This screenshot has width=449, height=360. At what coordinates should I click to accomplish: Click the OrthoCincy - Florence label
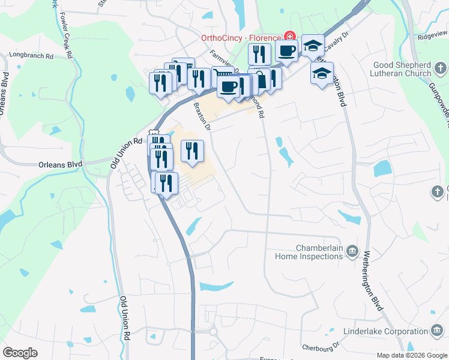click(x=241, y=38)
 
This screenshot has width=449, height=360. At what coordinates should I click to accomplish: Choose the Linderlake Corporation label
click(x=385, y=332)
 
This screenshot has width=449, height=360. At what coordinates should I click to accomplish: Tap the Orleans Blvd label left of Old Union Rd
click(x=59, y=164)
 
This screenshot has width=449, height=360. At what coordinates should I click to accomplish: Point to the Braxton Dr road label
click(x=203, y=116)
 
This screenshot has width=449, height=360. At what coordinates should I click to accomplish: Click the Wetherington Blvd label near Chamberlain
click(x=373, y=281)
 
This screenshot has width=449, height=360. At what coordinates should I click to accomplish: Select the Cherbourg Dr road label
click(x=321, y=347)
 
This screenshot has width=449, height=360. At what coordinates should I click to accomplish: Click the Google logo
click(x=20, y=353)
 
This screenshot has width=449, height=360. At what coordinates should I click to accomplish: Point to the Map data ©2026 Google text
click(x=412, y=355)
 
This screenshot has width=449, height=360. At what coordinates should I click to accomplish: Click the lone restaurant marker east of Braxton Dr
click(x=192, y=151)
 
